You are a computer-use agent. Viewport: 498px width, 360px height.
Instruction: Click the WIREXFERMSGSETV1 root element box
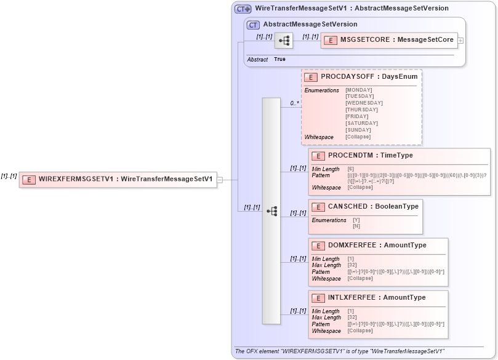[x=118, y=180]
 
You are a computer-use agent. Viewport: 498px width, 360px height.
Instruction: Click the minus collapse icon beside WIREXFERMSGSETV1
[x=219, y=180]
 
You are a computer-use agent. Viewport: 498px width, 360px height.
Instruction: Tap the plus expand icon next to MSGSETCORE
[x=460, y=41]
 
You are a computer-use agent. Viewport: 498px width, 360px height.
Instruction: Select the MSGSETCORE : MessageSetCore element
[x=390, y=40]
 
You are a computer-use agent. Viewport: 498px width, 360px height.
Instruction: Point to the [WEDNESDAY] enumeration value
[x=364, y=103]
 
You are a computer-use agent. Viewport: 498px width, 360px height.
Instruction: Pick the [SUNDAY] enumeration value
[x=358, y=130]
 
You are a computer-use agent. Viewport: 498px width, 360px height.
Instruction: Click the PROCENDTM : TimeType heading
[x=370, y=156]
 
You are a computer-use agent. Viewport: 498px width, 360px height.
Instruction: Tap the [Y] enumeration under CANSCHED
[x=356, y=220]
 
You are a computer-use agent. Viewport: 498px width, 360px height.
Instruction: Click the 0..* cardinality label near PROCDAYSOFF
[x=295, y=103]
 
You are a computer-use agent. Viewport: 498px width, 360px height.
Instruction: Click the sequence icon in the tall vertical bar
[x=271, y=210]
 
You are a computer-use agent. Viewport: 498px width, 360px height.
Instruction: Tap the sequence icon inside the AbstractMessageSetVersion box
[x=284, y=41]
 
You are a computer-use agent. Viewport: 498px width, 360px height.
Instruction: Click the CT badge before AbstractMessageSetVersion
[x=253, y=25]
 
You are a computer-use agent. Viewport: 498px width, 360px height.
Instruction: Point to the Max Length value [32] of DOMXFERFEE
[x=353, y=265]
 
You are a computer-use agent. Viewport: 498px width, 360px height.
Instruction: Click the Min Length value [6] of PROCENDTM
[x=350, y=169]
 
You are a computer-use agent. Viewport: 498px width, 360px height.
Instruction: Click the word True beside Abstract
[x=279, y=59]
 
